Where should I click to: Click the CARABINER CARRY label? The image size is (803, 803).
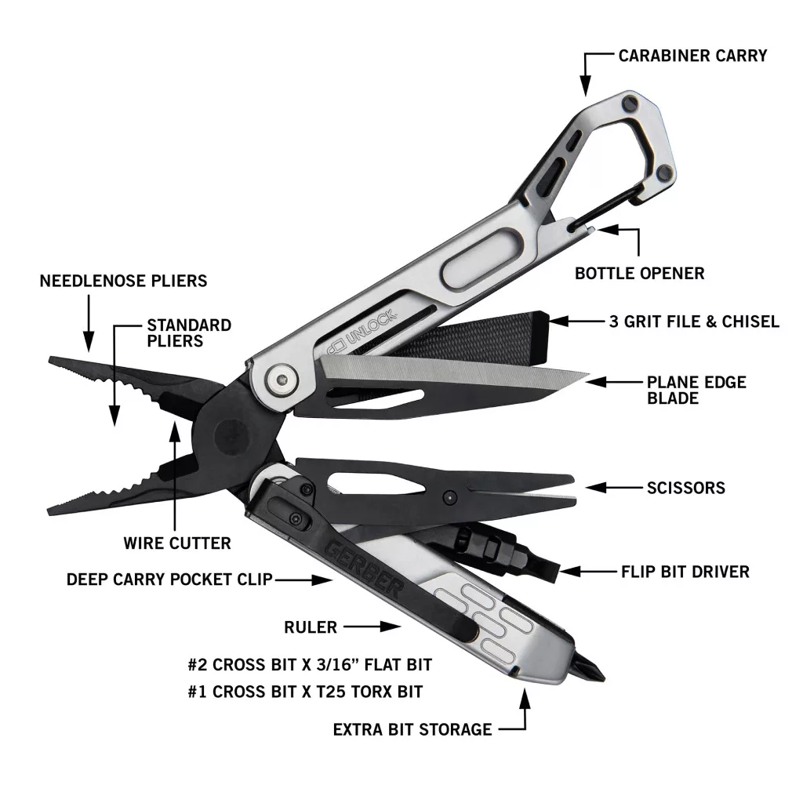point(692,56)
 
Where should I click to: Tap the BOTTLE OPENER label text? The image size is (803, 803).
point(639,274)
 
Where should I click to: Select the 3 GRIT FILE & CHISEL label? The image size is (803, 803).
point(694,322)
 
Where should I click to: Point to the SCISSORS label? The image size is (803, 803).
point(686,488)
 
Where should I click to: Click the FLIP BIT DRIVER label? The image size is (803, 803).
point(685,572)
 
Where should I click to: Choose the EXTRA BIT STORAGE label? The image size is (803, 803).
point(412,730)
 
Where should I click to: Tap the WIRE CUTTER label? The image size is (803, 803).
point(177,543)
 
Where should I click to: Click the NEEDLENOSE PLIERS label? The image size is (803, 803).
point(124,281)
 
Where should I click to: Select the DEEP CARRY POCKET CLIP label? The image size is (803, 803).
point(169,580)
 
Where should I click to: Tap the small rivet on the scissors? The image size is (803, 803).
point(449,496)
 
